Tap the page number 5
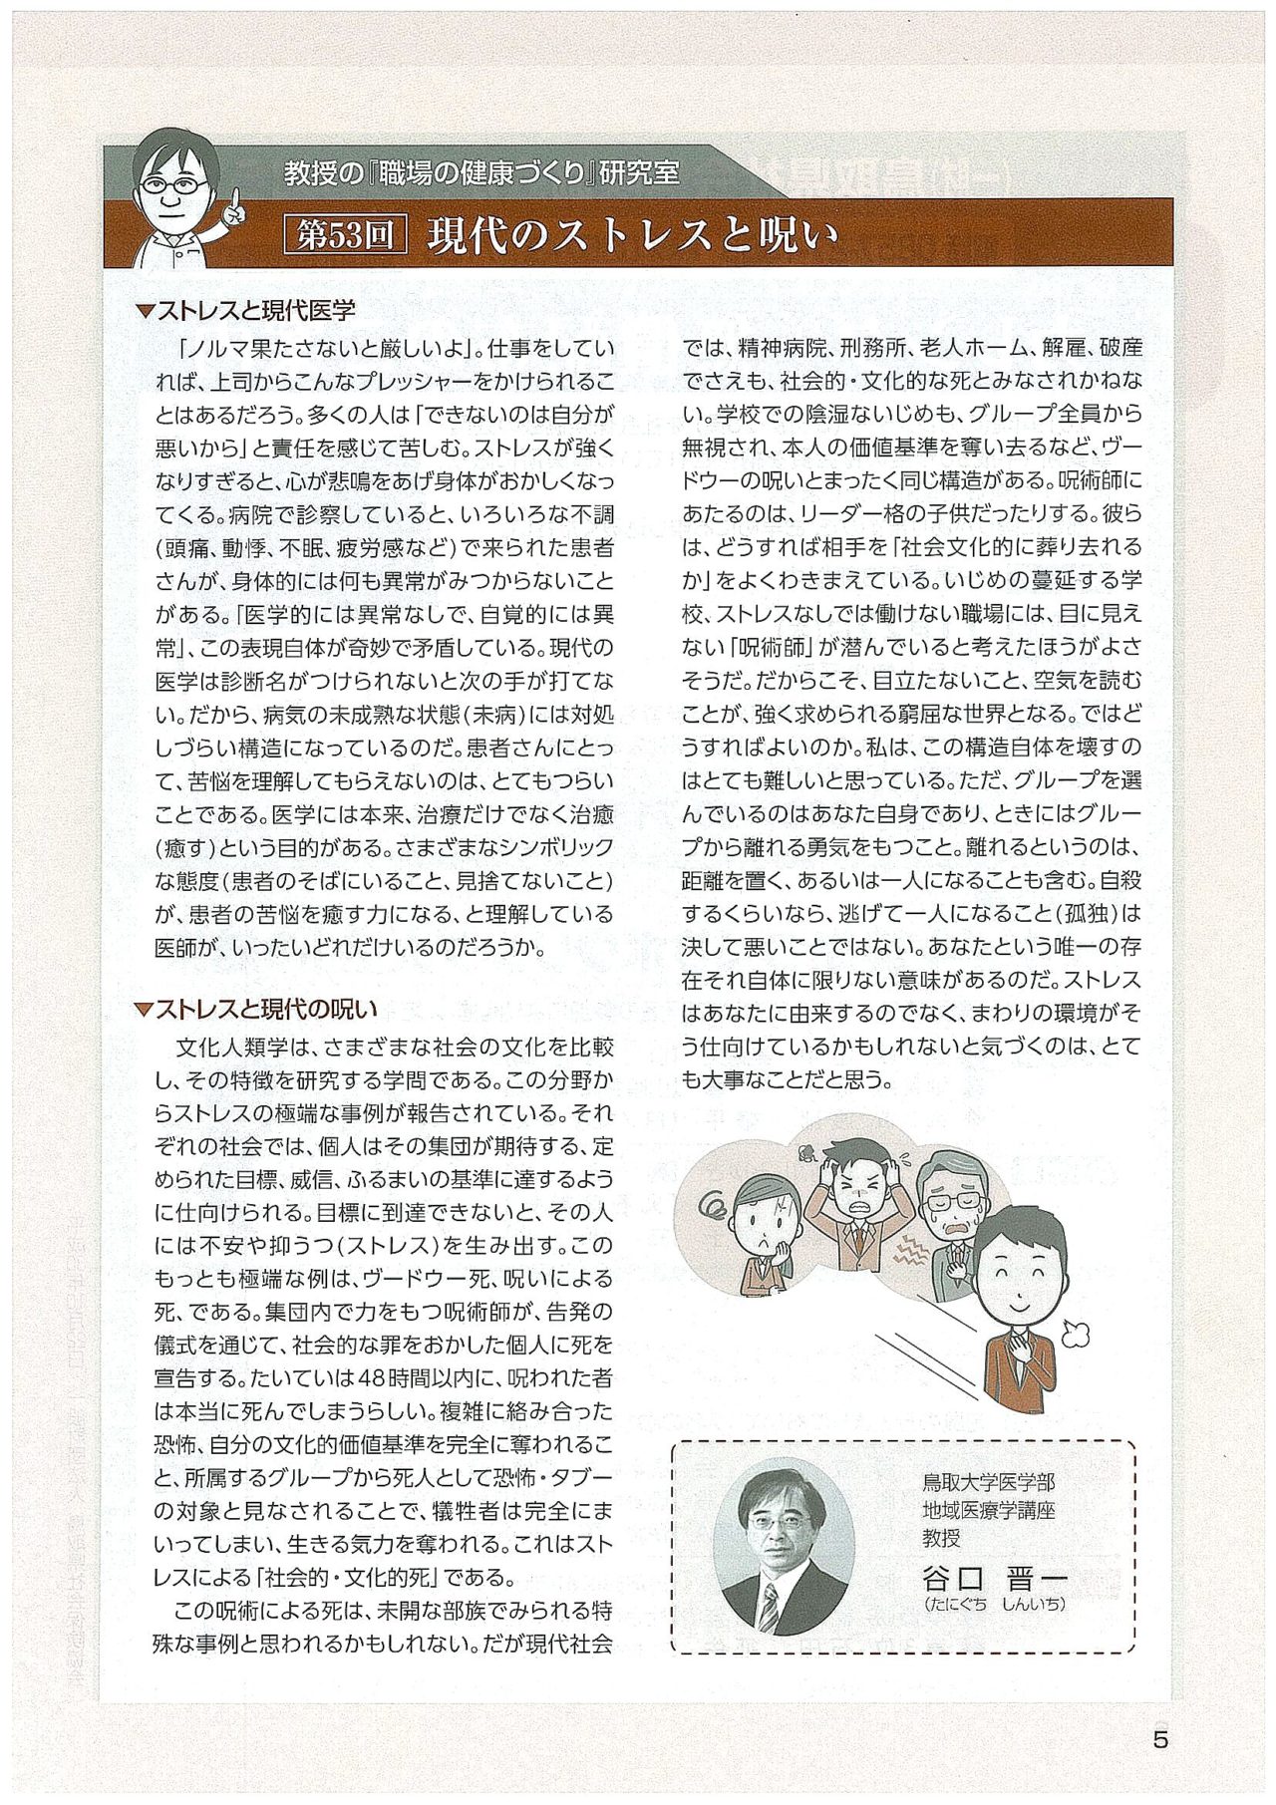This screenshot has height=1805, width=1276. tap(1159, 1741)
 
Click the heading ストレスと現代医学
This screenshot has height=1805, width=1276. tap(255, 311)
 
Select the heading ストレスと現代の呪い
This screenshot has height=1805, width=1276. tap(266, 1009)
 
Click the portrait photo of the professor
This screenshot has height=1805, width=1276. tap(786, 1547)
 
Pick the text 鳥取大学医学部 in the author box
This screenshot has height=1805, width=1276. tap(988, 1482)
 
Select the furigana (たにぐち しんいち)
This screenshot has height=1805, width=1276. tap(995, 1605)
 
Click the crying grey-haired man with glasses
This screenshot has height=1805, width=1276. tap(950, 1216)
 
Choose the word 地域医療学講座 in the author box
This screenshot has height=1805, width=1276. tap(988, 1510)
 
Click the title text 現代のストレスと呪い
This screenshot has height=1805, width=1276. tap(633, 235)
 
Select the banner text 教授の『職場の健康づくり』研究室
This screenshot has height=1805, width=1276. tap(481, 172)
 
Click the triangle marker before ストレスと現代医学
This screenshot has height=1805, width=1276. tap(144, 312)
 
